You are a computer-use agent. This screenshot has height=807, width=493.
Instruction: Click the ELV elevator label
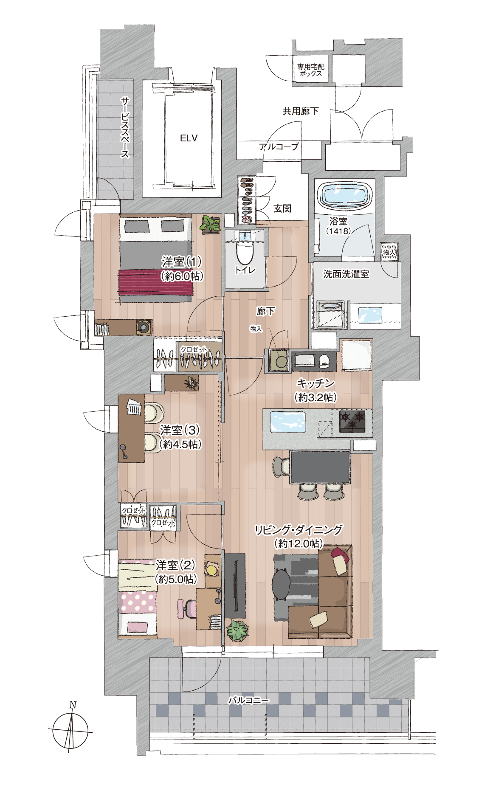point(189,138)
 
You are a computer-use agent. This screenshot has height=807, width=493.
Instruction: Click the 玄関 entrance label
point(282,208)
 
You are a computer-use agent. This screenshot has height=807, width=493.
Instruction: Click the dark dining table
point(320,467)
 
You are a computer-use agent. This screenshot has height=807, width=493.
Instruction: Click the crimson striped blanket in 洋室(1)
point(156,282)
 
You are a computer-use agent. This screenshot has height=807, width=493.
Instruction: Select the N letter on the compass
point(73,705)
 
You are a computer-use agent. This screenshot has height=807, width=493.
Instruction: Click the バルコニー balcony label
point(248,700)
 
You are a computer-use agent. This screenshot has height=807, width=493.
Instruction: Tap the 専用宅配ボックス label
point(310,70)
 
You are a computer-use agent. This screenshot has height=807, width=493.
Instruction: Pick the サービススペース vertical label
point(125,127)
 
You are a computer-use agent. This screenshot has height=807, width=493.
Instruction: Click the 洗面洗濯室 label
point(346,274)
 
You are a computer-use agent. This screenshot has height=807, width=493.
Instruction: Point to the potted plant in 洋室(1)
point(211,224)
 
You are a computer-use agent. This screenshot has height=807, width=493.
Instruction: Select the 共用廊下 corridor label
point(301,111)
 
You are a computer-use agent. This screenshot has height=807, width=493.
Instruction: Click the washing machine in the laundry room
point(330,314)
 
